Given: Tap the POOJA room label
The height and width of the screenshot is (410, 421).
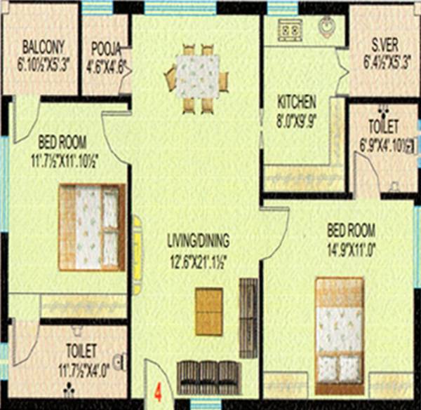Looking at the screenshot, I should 107,48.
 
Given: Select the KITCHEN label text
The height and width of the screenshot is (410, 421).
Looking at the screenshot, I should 297,100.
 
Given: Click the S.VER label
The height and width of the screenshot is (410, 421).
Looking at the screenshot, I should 385,48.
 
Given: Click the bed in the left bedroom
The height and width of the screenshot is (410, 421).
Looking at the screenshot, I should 91,226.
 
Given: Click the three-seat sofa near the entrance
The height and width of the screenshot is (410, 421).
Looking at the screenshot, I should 207,376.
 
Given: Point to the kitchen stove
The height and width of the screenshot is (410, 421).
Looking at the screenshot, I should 289,30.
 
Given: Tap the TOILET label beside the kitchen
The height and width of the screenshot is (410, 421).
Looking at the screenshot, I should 383,128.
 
